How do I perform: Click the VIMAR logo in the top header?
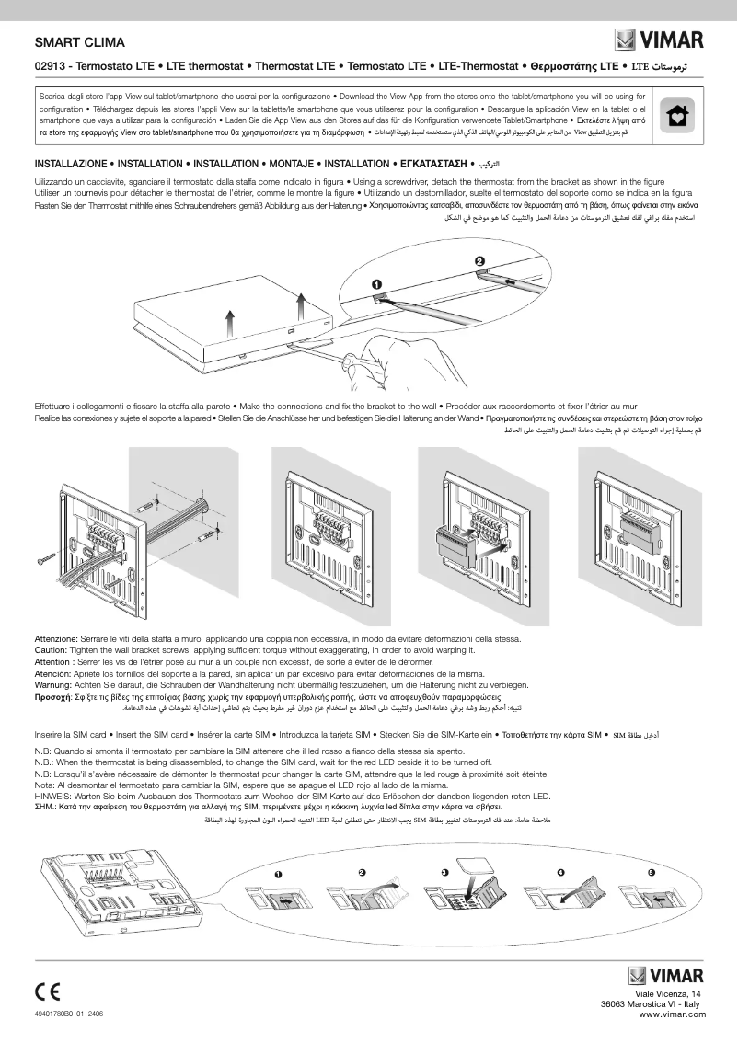(x=659, y=40)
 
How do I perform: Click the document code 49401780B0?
(x=54, y=1012)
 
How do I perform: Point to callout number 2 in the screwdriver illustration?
(x=479, y=261)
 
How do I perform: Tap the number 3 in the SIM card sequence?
(x=444, y=871)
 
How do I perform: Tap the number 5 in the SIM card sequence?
(x=652, y=871)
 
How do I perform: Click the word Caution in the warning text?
(x=53, y=650)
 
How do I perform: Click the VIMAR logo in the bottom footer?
(x=666, y=975)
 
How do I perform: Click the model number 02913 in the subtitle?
(x=50, y=67)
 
